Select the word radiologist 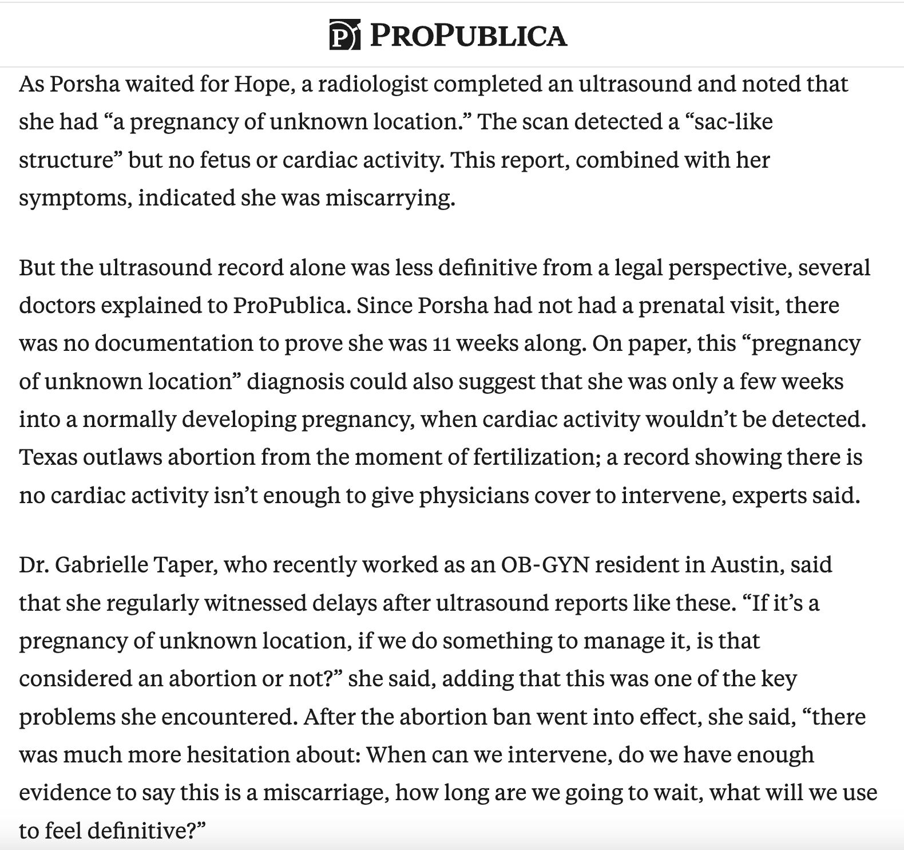(x=373, y=84)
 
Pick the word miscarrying (x=391, y=197)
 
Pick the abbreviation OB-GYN (x=545, y=564)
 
